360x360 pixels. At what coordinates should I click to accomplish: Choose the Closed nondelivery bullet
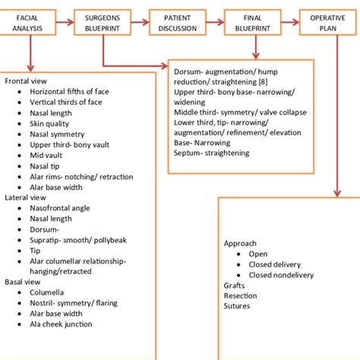pyautogui.click(x=286, y=275)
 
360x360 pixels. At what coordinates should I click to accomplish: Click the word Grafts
pyautogui.click(x=234, y=286)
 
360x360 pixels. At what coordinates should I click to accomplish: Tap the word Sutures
pyautogui.click(x=235, y=307)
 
